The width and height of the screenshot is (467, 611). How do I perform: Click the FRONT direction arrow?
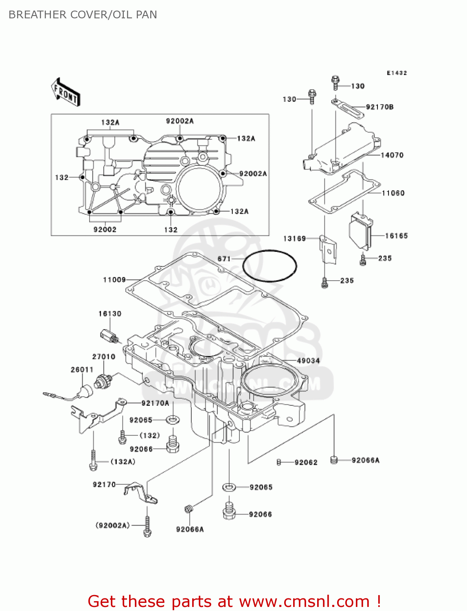pyautogui.click(x=66, y=92)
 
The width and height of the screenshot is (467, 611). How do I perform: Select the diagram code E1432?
pyautogui.click(x=397, y=73)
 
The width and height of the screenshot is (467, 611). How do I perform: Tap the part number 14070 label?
pyautogui.click(x=392, y=155)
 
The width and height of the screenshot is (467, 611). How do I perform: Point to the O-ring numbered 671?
pyautogui.click(x=270, y=266)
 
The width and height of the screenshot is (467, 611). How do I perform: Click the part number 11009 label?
pyautogui.click(x=114, y=279)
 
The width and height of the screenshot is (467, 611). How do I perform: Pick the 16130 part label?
pyautogui.click(x=110, y=314)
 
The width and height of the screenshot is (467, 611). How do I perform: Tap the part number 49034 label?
pyautogui.click(x=308, y=360)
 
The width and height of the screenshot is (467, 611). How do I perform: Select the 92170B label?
pyautogui.click(x=379, y=107)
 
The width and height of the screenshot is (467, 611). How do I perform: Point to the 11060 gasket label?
pyautogui.click(x=393, y=193)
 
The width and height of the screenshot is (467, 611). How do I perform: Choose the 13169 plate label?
pyautogui.click(x=294, y=238)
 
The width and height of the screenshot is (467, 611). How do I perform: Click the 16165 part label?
pyautogui.click(x=396, y=236)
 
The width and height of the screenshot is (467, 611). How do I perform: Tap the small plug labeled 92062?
pyautogui.click(x=279, y=462)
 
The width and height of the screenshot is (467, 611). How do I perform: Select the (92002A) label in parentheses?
pyautogui.click(x=112, y=525)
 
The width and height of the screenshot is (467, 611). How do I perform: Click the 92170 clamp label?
pyautogui.click(x=104, y=484)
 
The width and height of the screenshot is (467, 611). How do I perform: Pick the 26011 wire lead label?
pyautogui.click(x=82, y=369)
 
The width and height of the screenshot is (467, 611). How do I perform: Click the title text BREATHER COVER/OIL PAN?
pyautogui.click(x=83, y=15)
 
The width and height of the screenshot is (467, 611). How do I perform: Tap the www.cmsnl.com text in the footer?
pyautogui.click(x=304, y=601)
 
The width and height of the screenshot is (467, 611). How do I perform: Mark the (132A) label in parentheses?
pyautogui.click(x=123, y=462)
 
